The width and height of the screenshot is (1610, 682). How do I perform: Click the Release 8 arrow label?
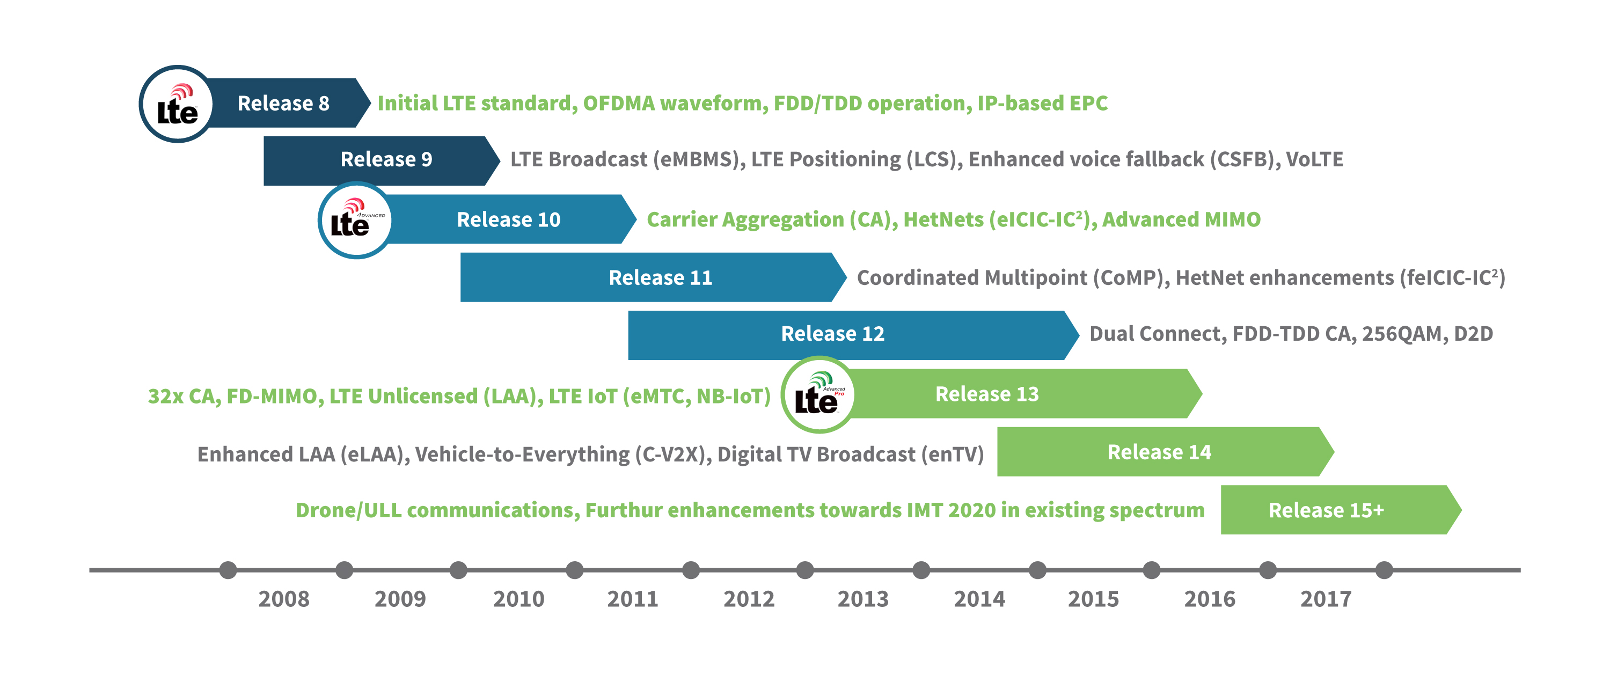(x=283, y=103)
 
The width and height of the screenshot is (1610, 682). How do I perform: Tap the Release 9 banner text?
(x=386, y=159)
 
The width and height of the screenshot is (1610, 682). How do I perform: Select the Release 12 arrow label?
(x=832, y=334)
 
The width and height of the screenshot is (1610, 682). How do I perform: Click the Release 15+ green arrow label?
(x=1326, y=510)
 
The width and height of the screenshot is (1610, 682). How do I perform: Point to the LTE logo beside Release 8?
(x=177, y=105)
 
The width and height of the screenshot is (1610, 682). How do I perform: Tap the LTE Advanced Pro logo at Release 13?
(x=818, y=395)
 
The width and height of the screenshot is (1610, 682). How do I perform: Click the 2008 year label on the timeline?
(x=284, y=599)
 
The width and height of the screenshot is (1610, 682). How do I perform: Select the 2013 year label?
(x=862, y=599)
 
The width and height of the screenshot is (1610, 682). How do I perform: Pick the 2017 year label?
(x=1326, y=599)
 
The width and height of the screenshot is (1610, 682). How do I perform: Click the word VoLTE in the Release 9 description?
(x=1314, y=159)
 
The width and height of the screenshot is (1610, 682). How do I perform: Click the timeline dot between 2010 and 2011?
(x=574, y=570)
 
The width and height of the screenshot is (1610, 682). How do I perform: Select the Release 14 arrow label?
(x=1159, y=452)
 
